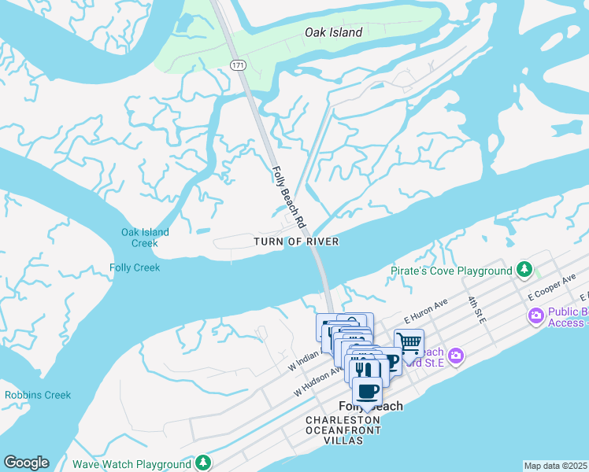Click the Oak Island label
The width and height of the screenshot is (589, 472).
click(x=334, y=32)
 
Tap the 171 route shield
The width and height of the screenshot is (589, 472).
click(x=238, y=64)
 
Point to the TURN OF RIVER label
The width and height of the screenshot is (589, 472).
click(x=296, y=242)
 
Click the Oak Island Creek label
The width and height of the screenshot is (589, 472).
click(x=145, y=238)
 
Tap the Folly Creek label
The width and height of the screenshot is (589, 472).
click(x=135, y=267)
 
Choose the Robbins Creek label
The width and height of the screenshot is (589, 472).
click(x=38, y=395)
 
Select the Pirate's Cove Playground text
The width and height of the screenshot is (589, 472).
click(x=451, y=271)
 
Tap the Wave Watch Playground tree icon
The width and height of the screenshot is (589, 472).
click(x=203, y=463)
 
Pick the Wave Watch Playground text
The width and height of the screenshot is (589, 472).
click(x=132, y=464)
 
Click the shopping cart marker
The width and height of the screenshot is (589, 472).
click(x=409, y=343)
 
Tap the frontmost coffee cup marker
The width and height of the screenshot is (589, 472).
click(x=366, y=391)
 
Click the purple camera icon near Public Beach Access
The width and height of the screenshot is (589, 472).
click(x=536, y=316)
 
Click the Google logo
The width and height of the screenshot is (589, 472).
click(x=26, y=463)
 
